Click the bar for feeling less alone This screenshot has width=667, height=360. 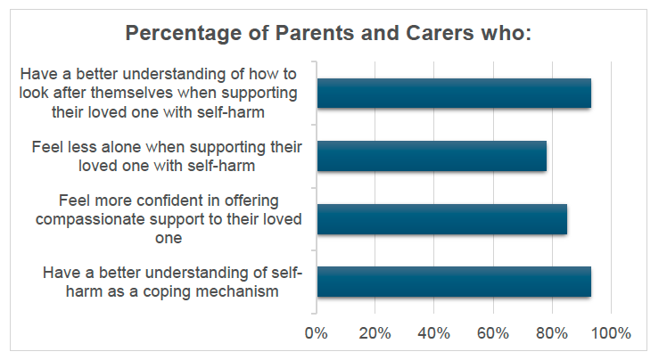432,156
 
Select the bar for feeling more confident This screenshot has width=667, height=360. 441,218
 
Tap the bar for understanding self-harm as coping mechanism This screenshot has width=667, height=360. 454,281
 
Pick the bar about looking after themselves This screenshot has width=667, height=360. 454,94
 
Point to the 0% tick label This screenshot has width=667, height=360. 317,333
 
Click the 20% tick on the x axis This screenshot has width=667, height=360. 375,333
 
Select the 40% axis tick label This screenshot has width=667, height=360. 433,333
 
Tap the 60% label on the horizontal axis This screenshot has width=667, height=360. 492,333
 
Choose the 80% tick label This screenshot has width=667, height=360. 551,333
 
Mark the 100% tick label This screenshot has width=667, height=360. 610,333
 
